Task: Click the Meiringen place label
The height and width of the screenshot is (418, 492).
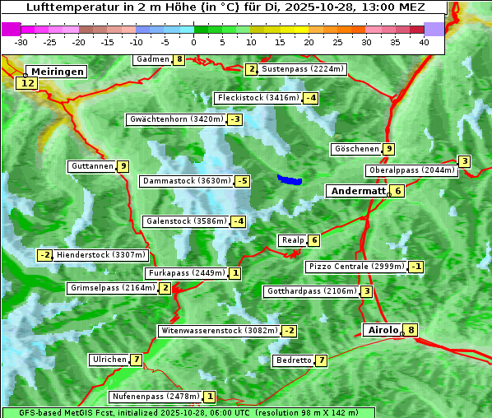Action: [x=55, y=72]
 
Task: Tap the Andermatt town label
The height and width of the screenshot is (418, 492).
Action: [x=358, y=191]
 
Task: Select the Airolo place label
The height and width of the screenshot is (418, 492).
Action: [x=382, y=330]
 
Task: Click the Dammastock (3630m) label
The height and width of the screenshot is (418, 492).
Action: [x=185, y=181]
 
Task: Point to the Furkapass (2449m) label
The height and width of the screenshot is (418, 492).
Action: [x=186, y=273]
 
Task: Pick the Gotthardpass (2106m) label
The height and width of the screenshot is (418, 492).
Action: [x=311, y=291]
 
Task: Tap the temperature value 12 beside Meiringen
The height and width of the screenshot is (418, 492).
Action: [x=27, y=83]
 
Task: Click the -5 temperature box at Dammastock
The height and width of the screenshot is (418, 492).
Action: [x=241, y=181]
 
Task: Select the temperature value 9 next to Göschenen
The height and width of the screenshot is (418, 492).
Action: [x=388, y=149]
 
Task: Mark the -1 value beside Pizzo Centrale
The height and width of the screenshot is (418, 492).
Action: [x=416, y=267]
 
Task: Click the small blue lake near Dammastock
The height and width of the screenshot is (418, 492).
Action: [x=290, y=179]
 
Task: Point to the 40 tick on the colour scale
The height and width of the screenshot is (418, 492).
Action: [x=424, y=42]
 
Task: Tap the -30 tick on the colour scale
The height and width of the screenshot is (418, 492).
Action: [x=21, y=42]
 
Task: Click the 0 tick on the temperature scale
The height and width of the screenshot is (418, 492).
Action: [x=193, y=42]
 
